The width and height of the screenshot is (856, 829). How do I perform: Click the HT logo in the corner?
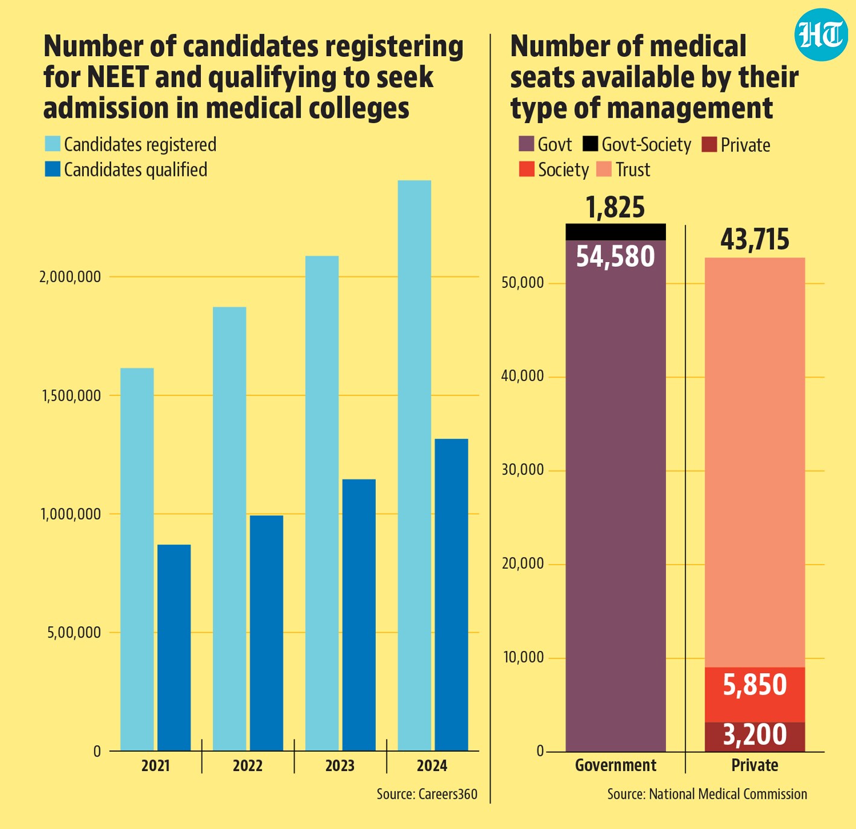click(821, 34)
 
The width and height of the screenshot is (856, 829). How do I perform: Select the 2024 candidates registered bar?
click(414, 466)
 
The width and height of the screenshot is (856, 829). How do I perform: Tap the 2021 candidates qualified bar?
click(174, 648)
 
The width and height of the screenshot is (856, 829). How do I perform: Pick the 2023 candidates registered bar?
click(322, 503)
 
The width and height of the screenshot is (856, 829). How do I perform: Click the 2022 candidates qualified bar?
click(267, 633)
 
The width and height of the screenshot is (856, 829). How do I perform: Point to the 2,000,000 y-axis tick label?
click(70, 277)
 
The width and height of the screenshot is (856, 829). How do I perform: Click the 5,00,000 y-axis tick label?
click(74, 632)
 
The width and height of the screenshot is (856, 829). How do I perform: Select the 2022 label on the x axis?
click(248, 766)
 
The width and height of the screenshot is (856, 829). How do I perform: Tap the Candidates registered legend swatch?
click(52, 144)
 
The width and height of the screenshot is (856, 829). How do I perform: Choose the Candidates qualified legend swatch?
click(52, 169)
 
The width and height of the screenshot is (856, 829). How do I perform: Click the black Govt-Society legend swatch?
click(590, 144)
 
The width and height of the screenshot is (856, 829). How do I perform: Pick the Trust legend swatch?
click(604, 169)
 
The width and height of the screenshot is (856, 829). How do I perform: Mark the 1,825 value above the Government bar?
click(615, 207)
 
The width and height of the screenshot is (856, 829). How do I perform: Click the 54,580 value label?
click(615, 256)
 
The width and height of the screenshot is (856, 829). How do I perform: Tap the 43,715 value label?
click(755, 240)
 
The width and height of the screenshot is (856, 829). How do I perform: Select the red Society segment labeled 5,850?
click(755, 695)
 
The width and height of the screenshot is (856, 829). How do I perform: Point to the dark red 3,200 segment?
click(755, 737)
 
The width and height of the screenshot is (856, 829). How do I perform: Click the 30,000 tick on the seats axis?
click(522, 470)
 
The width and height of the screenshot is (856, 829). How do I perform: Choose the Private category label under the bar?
click(755, 765)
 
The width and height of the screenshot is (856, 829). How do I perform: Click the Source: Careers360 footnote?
click(427, 794)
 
